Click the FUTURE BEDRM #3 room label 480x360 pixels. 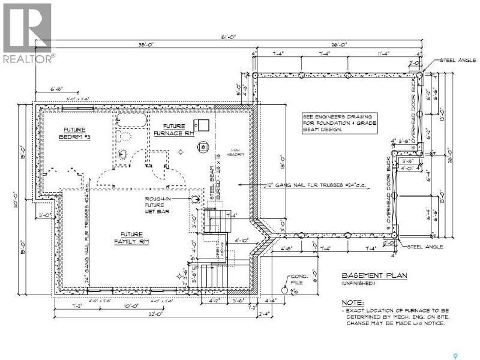pos(75,133)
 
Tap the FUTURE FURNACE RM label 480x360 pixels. pos(173,129)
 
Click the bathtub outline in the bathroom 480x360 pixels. pos(130,119)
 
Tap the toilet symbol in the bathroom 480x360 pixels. pos(124,154)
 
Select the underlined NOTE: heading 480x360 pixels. pos(353,302)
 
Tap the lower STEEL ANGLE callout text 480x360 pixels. pos(425,247)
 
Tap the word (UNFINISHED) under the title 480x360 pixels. pos(358,283)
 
